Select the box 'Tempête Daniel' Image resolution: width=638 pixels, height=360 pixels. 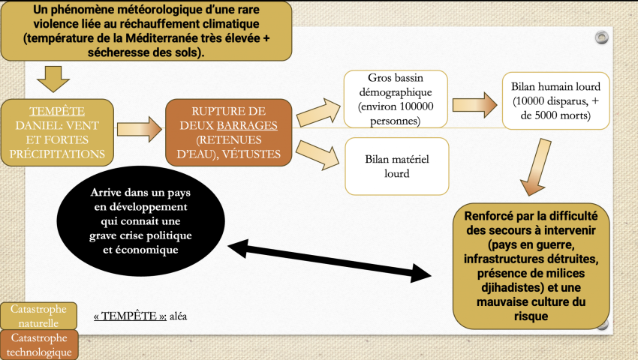59,131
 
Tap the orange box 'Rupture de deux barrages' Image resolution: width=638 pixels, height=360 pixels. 228,131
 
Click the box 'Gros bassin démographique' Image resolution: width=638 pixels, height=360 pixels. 396,99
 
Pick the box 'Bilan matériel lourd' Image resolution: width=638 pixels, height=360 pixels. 396,166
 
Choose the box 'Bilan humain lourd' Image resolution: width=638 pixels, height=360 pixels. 550,100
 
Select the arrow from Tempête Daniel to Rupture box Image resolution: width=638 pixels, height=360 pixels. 140,130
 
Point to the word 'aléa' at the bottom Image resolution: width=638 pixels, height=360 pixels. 179,316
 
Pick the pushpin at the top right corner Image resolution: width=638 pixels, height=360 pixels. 600,37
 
